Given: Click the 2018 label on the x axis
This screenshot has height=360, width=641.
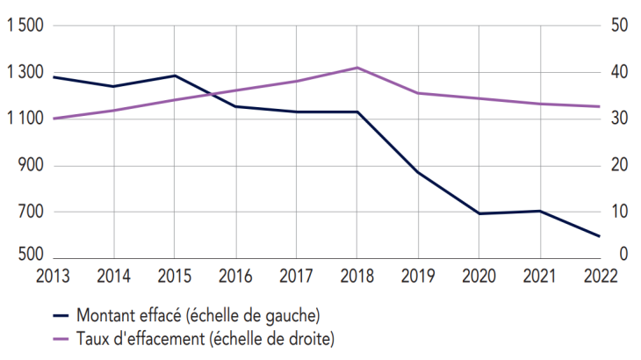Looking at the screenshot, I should [357, 275].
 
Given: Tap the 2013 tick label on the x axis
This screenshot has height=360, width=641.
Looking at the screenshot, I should [53, 275].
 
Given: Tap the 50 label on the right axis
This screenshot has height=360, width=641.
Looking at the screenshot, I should [618, 26].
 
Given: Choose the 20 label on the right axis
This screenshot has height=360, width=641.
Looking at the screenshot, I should [618, 165].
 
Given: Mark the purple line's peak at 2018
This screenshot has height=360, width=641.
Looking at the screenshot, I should [357, 68].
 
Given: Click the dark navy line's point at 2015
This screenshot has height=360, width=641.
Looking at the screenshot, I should [174, 76].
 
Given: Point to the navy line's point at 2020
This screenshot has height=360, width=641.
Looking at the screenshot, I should [479, 213].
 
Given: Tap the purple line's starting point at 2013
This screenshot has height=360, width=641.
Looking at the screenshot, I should [53, 119].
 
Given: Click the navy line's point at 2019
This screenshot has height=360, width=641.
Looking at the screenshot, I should [418, 172].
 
